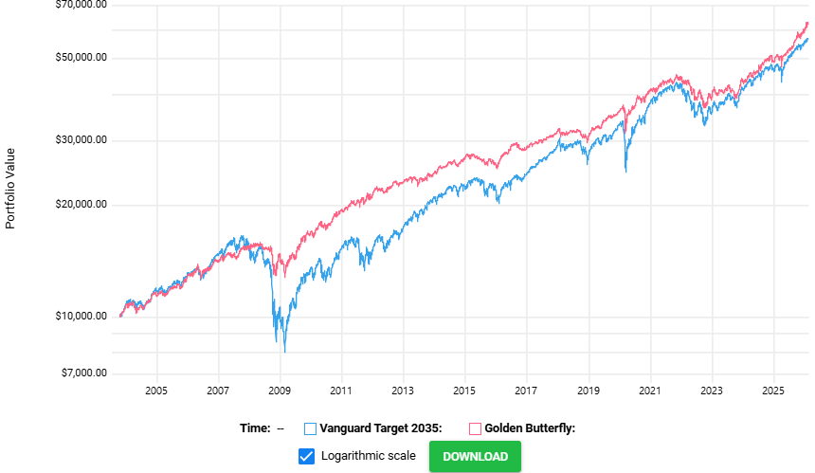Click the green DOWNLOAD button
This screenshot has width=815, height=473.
pos(475,456)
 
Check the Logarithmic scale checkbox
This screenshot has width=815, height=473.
pos(306,456)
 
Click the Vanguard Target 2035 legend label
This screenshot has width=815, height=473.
pos(381,428)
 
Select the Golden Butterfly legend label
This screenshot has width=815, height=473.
pos(530,428)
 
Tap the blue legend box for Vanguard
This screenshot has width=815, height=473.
pos(311,428)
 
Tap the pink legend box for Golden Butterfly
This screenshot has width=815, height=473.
pos(475,428)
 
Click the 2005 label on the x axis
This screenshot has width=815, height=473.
pos(156,391)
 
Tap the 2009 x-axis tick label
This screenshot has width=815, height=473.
pos(280,391)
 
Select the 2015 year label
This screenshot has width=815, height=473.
pos(464,391)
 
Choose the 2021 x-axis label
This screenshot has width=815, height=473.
pos(650,391)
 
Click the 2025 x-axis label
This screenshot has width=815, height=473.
pos(773,391)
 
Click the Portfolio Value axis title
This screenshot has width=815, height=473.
pos(11,188)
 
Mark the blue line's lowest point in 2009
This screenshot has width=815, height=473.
pos(284,352)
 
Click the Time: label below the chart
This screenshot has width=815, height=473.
pos(255,428)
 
